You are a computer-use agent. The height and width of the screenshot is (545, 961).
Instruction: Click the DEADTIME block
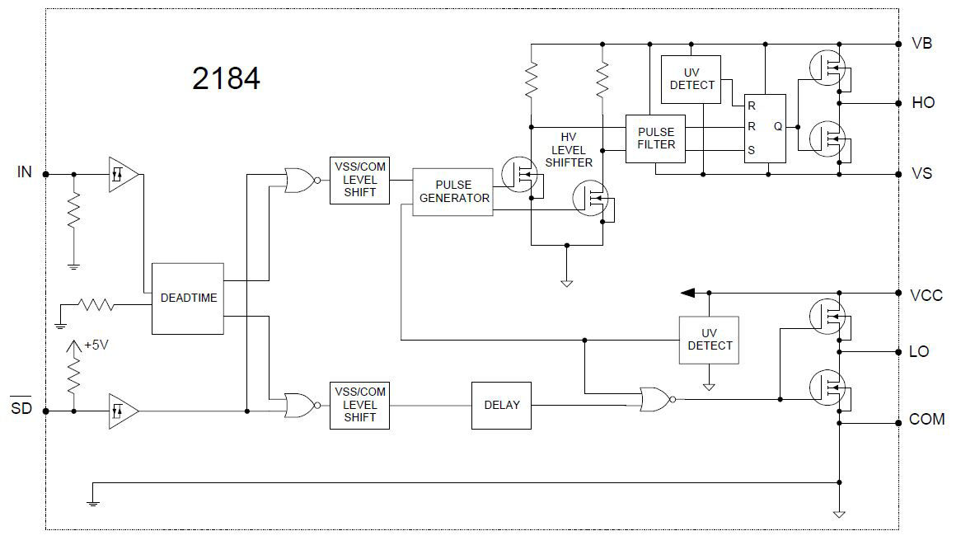(x=188, y=298)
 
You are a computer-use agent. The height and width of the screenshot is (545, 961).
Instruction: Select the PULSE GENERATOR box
(x=452, y=192)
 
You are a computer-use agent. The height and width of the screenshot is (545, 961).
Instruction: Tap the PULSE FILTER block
(x=655, y=139)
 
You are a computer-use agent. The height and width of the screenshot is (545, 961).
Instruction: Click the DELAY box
(x=501, y=405)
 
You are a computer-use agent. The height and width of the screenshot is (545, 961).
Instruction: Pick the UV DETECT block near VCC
(x=709, y=340)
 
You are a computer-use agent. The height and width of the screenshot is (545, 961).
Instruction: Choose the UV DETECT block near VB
(x=691, y=79)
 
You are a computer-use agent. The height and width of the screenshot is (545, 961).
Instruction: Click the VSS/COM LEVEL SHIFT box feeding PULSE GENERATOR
(x=359, y=180)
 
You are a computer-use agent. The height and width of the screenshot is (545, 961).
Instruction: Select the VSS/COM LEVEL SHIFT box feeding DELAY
(x=359, y=405)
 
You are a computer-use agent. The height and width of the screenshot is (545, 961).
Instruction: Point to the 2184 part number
(x=226, y=78)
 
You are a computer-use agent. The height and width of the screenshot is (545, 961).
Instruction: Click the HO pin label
(x=923, y=103)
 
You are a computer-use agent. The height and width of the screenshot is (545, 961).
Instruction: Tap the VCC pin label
(x=926, y=295)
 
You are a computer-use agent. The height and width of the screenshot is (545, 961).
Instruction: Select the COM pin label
(x=926, y=420)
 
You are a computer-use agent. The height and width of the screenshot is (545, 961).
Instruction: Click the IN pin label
(x=26, y=172)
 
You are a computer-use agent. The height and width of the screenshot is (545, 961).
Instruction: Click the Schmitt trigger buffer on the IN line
(x=123, y=174)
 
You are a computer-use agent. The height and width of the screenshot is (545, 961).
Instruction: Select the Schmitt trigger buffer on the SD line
(x=123, y=410)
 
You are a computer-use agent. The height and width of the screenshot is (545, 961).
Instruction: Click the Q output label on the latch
(x=777, y=127)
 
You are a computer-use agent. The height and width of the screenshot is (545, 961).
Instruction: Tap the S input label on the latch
(x=751, y=151)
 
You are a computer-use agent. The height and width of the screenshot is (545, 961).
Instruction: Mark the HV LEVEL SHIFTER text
(x=568, y=150)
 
